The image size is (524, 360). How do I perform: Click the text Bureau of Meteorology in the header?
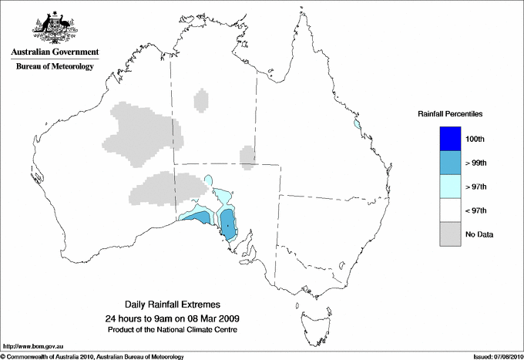[55, 67]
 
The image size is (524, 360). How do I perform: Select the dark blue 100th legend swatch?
[450, 139]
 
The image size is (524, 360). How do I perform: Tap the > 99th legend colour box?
[450, 163]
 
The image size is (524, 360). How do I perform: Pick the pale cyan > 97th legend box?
[450, 187]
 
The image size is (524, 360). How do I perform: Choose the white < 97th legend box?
[450, 210]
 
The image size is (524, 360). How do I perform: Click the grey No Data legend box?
[450, 234]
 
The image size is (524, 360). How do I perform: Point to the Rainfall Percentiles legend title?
[450, 113]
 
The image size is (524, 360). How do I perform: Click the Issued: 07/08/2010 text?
[497, 356]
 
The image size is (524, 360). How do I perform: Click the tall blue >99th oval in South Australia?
[229, 225]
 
